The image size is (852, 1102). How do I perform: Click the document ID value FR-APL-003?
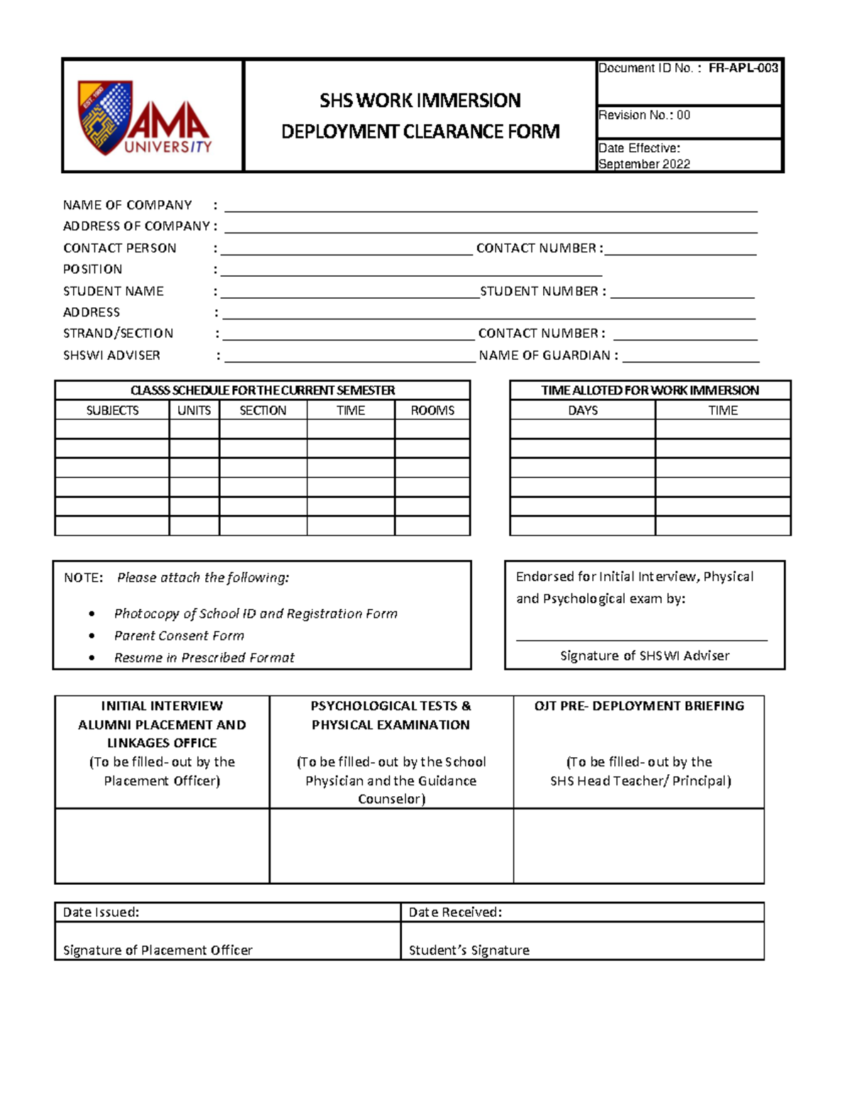tap(743, 68)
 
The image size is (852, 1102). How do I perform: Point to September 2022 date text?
tap(644, 164)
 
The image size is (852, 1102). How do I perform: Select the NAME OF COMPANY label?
tap(127, 205)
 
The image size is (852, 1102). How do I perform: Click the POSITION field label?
tap(92, 270)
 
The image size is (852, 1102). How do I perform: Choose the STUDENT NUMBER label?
tap(542, 292)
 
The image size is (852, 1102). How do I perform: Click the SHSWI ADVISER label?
tap(111, 356)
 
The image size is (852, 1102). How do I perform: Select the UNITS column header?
tap(194, 411)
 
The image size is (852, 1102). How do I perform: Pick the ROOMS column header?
tap(432, 411)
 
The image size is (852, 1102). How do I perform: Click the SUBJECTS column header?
tap(112, 411)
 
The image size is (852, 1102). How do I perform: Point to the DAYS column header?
tap(582, 411)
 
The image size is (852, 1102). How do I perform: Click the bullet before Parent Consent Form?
tap(92, 637)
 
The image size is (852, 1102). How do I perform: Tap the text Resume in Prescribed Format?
tap(204, 658)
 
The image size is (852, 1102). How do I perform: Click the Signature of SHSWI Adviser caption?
tap(644, 656)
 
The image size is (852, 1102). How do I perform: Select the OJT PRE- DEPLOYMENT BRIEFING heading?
tap(639, 706)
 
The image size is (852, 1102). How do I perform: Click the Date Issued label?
tap(101, 913)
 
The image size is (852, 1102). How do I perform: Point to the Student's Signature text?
tap(469, 950)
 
